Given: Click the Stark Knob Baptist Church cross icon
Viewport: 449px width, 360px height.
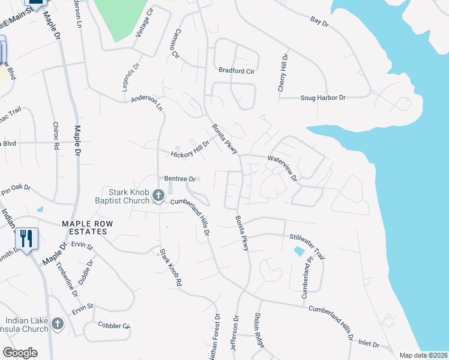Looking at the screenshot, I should coord(158,195).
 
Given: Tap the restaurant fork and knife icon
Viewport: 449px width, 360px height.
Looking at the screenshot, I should coord(26,238).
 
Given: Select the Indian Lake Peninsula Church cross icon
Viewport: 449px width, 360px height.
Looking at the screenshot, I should coord(58,324).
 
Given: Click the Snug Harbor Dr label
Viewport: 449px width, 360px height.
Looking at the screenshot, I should coord(323,98).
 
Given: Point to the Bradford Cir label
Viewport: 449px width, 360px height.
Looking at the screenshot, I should coord(237,70).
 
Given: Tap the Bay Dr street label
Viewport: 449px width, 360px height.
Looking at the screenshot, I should coord(320,22).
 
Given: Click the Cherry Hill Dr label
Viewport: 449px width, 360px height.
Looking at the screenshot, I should coord(282,73).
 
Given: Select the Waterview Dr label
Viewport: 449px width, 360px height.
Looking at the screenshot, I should coord(283,168).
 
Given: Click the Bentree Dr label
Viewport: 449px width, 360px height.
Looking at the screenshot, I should coord(181,179).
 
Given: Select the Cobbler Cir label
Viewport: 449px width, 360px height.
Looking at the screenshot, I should coord(115,326).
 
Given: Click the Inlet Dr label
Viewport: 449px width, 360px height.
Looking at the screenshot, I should coord(369,345).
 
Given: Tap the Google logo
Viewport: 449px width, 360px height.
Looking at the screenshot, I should coord(20,353).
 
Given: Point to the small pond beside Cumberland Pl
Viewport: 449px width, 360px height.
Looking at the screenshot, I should coord(298,251).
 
